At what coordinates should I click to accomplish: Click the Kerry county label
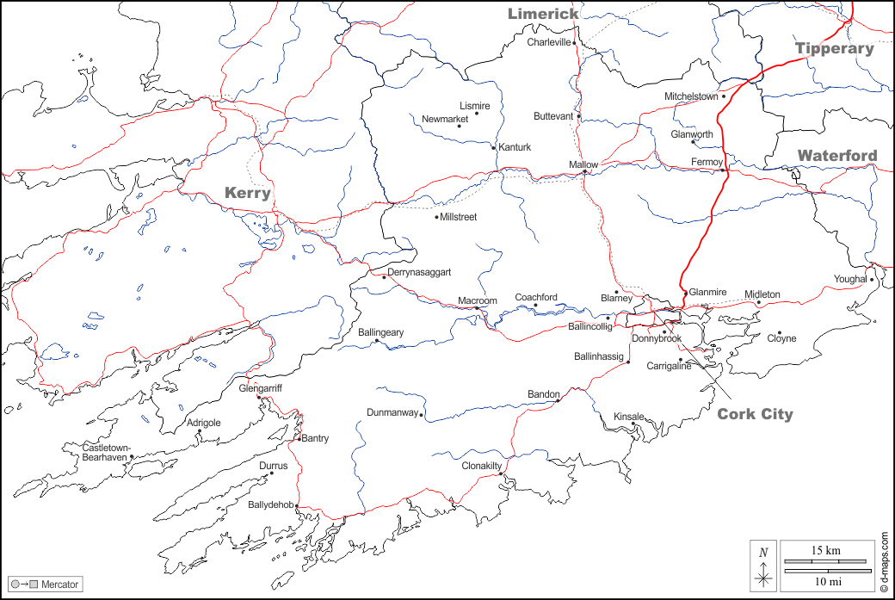[248, 193]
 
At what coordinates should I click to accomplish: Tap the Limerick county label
[543, 14]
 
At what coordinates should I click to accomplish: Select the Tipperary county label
[834, 48]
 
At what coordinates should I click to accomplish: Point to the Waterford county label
[837, 156]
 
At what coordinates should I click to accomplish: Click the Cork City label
[755, 415]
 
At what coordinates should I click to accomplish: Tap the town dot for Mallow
[585, 172]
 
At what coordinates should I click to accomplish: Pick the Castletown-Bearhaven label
[106, 452]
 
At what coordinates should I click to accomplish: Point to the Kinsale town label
[627, 417]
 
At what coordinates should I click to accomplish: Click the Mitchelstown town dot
[724, 96]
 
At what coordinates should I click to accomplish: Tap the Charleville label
[549, 42]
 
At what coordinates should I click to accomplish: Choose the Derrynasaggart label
[419, 272]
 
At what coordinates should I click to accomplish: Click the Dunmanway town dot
[421, 414]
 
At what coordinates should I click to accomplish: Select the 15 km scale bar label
[825, 550]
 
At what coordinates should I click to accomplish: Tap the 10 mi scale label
[825, 581]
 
